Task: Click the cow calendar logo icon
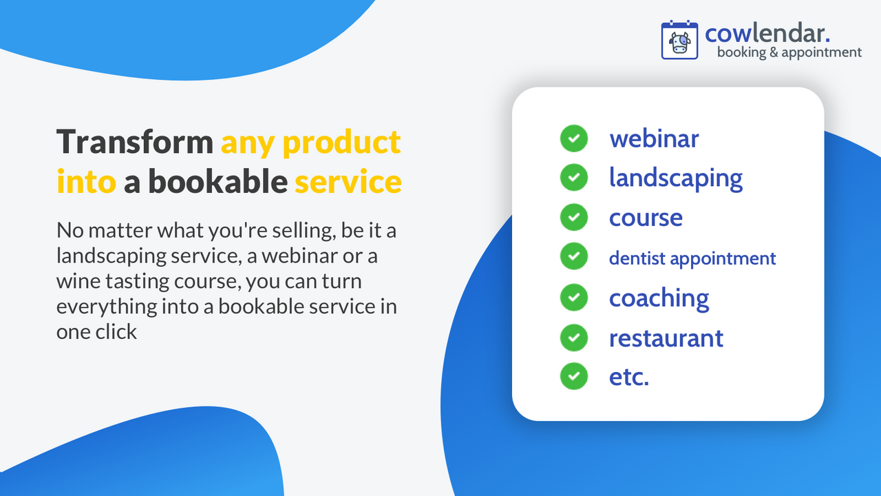pos(679,40)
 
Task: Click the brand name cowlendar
pos(767,32)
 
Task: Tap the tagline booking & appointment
pos(789,52)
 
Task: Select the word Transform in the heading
pos(135,142)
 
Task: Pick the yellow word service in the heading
pos(348,182)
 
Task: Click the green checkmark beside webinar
pos(573,138)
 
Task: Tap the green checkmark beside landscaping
pos(573,178)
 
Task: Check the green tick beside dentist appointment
pos(573,257)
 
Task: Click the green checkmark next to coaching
pos(573,298)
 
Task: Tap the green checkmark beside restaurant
pos(573,338)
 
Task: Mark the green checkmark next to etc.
pos(573,377)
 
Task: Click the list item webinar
pos(654,138)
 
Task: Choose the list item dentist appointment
pos(692,258)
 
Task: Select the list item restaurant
pos(666,338)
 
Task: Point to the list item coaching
pos(659,298)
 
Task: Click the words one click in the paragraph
pos(97,331)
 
